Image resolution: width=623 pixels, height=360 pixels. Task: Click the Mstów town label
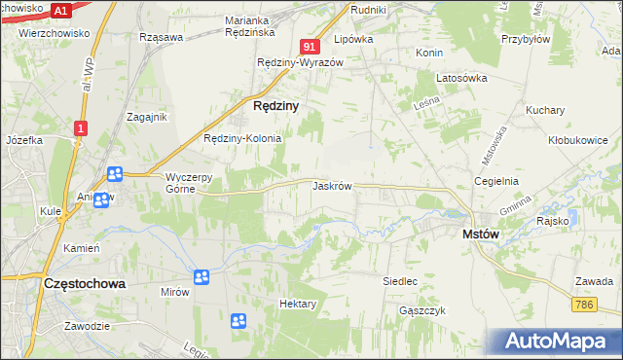481,234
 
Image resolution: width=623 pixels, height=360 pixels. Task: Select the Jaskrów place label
331,185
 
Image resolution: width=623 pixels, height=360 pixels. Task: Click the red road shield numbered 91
311,47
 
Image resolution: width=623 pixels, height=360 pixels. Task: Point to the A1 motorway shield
60,11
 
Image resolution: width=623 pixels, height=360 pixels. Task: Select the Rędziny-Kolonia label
241,138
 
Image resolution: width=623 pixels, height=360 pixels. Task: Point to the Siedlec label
400,281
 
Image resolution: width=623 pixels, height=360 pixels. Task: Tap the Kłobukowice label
578,139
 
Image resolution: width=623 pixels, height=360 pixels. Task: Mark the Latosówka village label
461,78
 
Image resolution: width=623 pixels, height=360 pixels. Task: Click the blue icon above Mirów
202,278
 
